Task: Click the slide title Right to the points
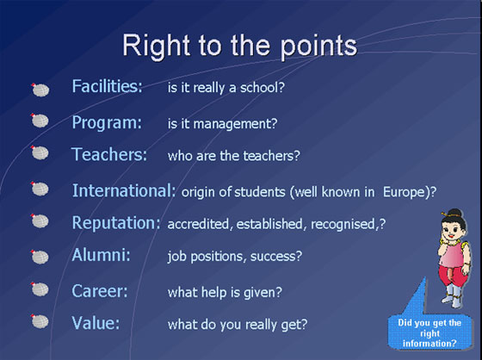tap(240, 47)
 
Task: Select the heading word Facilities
tap(108, 86)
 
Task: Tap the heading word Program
tap(107, 123)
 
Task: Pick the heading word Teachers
tap(109, 154)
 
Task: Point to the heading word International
tap(124, 190)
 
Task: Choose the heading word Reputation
tap(116, 223)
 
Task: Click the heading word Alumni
tap(102, 255)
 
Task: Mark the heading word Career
tap(100, 291)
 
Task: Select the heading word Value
tap(96, 323)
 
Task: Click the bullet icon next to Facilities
tap(40, 90)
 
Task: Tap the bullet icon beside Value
tap(40, 321)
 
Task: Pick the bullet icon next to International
tap(40, 189)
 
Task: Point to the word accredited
tap(198, 224)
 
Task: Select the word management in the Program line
tap(232, 124)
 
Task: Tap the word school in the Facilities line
tap(259, 88)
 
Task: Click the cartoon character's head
tap(454, 227)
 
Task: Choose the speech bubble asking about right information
tap(429, 333)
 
